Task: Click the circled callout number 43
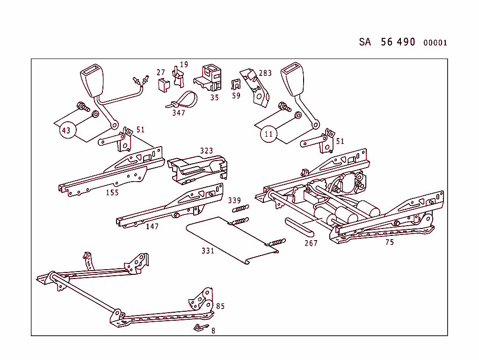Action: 66,130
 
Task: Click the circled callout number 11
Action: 269,134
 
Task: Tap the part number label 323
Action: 206,151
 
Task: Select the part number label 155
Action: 112,192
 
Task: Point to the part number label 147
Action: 152,227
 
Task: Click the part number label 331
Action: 208,251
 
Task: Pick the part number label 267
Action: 311,243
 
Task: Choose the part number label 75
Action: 389,242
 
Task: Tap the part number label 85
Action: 220,306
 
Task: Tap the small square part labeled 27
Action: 163,84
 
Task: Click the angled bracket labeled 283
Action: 255,87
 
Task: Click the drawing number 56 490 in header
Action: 398,42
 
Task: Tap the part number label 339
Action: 234,200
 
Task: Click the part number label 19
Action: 184,65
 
